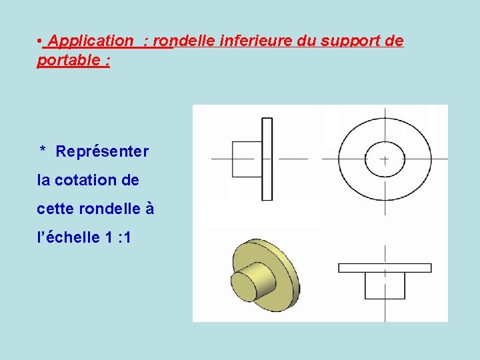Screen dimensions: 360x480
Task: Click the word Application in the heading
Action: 91,41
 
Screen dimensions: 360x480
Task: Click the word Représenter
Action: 102,152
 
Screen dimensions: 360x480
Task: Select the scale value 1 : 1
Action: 118,237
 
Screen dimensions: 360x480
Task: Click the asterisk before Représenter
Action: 43,151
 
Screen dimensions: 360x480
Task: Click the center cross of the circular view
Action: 385,159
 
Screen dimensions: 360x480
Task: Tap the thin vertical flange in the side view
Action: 267,159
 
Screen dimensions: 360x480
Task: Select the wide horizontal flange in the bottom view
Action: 385,267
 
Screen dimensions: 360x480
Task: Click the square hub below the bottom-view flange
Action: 385,285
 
